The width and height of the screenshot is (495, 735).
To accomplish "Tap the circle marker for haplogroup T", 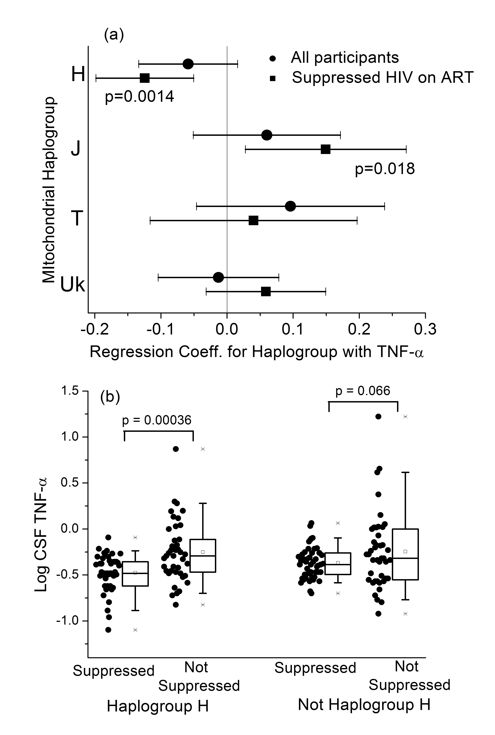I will [290, 206].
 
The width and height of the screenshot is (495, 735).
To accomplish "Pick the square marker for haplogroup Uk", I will [266, 292].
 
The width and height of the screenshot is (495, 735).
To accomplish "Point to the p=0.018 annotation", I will [385, 169].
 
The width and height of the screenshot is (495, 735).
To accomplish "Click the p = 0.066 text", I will [363, 391].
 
